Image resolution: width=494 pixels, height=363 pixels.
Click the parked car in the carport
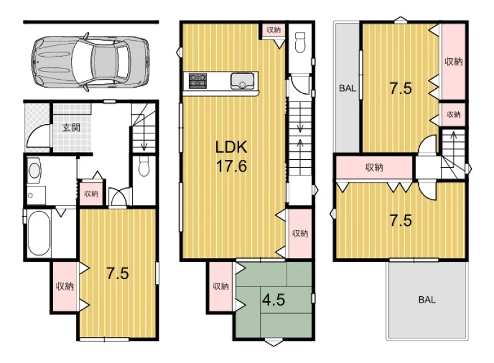pyautogui.click(x=90, y=62)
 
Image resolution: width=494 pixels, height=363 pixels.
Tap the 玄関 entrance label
pyautogui.click(x=71, y=128)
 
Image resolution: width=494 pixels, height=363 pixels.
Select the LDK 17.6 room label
pyautogui.click(x=231, y=156)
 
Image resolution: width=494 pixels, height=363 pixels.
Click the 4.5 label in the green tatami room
pyautogui.click(x=274, y=299)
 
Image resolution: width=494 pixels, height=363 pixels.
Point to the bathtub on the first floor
pyautogui.click(x=38, y=233)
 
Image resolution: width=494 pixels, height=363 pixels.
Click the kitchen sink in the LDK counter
pyautogui.click(x=242, y=81)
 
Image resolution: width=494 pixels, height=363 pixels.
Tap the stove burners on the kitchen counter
pyautogui.click(x=198, y=81)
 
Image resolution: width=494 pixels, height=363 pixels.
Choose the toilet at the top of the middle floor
pyautogui.click(x=300, y=42)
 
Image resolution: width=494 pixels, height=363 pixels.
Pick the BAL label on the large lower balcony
pyautogui.click(x=427, y=299)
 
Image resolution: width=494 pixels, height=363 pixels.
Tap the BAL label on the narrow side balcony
pyautogui.click(x=348, y=88)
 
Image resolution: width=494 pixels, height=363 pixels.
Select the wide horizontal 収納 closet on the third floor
pyautogui.click(x=374, y=167)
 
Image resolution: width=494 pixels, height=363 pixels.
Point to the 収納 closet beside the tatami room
pyautogui.click(x=220, y=286)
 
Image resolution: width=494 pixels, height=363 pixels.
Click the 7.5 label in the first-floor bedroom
pyautogui.click(x=117, y=273)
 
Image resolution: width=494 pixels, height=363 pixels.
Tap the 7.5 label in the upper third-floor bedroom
pyautogui.click(x=400, y=88)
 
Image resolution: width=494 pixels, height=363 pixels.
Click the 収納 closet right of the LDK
pyautogui.click(x=300, y=233)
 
